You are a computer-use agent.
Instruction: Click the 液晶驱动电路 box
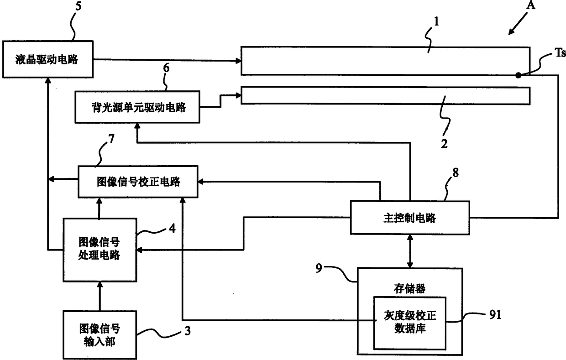tap(48, 59)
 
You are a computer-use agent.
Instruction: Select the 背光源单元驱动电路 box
tap(137, 107)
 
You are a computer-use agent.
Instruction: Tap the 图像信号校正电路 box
tap(138, 182)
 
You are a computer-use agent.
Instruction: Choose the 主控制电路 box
tap(410, 218)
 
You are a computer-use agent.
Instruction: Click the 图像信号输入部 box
tap(100, 335)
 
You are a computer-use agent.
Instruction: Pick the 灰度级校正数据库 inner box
tap(410, 323)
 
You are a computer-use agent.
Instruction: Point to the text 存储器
tap(409, 288)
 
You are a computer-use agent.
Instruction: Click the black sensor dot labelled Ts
tap(518, 75)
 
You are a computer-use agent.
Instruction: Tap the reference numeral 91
tap(495, 314)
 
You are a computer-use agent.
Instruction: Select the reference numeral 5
tap(79, 6)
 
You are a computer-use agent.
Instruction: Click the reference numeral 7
tap(111, 139)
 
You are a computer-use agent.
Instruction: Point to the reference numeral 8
tap(456, 173)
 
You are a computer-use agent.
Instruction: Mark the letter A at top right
tap(530, 5)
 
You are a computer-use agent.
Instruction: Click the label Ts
tap(560, 53)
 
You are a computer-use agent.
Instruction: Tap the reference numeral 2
tap(444, 143)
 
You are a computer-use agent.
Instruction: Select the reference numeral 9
tap(319, 268)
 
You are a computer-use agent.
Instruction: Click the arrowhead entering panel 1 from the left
tap(238, 61)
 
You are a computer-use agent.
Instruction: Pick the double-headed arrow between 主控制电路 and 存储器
tap(410, 251)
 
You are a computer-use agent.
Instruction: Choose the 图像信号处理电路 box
tap(100, 250)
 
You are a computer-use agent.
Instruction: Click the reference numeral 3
tap(187, 331)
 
